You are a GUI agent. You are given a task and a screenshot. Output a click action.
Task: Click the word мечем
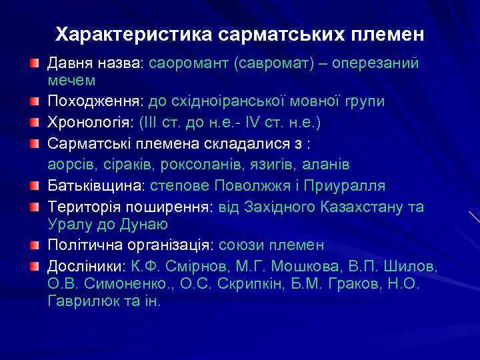(x=71, y=80)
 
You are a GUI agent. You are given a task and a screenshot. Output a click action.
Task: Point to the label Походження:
(x=95, y=101)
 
